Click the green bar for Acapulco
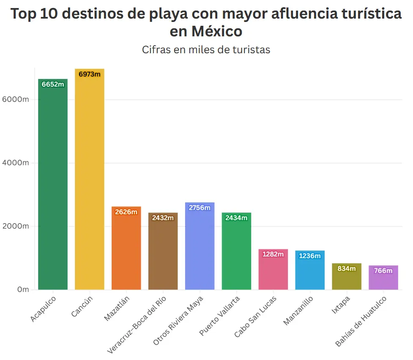tap(53, 186)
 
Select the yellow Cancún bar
tap(89, 182)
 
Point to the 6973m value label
tap(90, 74)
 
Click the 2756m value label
tap(200, 208)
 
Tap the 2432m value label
tap(163, 218)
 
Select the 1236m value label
tap(310, 256)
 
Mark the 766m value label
tap(383, 271)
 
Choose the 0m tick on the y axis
tap(23, 290)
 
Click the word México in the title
tap(206, 32)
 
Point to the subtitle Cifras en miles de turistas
tap(206, 50)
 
